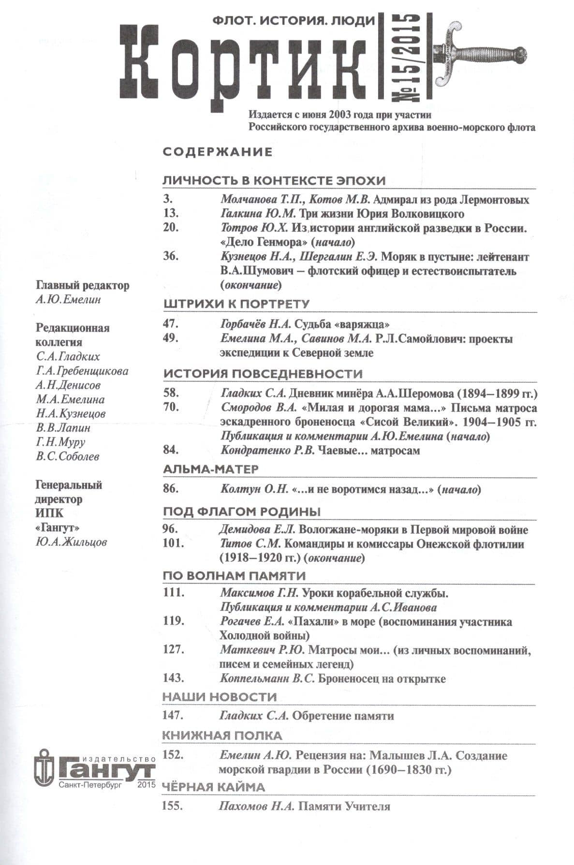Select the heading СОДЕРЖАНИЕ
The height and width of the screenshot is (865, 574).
click(x=218, y=152)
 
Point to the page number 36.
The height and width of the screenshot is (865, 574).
click(x=171, y=257)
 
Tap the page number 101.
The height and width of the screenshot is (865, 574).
click(x=174, y=544)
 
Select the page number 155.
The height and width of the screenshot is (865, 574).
click(x=174, y=806)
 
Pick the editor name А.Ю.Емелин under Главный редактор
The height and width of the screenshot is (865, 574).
click(x=68, y=300)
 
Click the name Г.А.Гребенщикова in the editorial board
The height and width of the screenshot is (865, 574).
click(x=82, y=371)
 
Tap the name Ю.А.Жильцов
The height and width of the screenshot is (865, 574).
click(x=71, y=542)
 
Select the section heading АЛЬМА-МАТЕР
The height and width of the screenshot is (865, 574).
click(x=210, y=469)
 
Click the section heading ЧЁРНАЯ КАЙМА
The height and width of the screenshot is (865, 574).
click(x=213, y=787)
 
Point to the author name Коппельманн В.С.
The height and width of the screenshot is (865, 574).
click(x=267, y=679)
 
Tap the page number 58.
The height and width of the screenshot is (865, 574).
click(x=171, y=393)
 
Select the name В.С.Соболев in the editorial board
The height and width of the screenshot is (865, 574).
click(x=67, y=456)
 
